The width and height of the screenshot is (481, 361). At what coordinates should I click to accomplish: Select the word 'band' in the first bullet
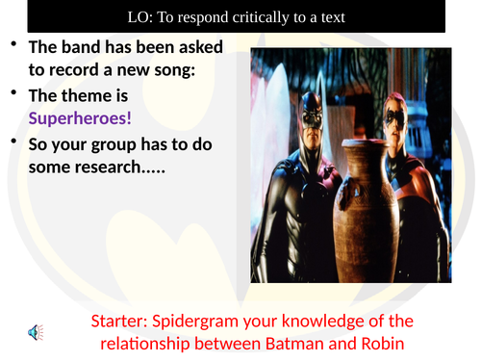77,46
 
